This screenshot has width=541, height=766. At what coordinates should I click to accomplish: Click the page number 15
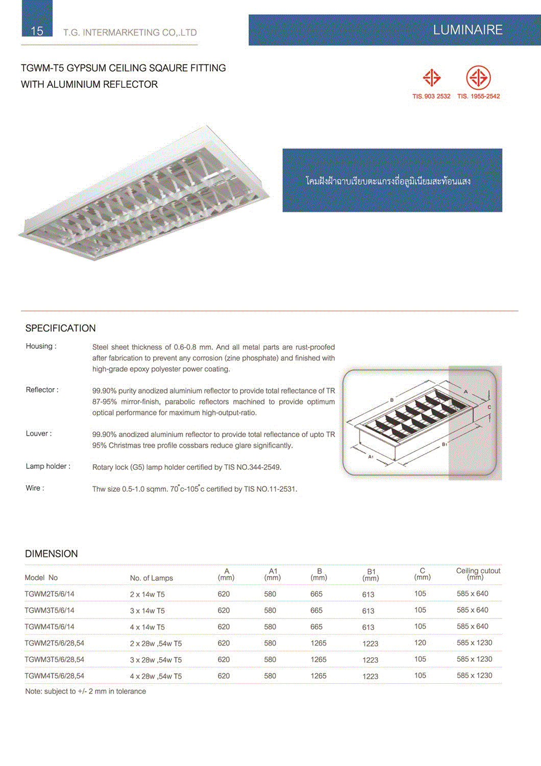[37, 31]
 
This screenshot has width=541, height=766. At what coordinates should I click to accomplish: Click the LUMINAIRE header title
[468, 30]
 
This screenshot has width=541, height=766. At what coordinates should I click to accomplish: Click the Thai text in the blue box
[388, 181]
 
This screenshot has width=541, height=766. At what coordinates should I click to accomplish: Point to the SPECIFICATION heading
[61, 328]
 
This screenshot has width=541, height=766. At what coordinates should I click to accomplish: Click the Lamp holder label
[48, 466]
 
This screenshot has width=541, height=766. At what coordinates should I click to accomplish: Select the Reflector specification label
[42, 390]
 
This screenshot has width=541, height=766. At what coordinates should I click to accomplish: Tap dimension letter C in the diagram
[489, 407]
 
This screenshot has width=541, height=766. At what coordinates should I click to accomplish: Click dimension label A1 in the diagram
[371, 457]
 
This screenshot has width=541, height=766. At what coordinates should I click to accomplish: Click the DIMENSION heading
[52, 554]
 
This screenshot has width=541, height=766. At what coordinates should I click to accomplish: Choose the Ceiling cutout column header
[478, 573]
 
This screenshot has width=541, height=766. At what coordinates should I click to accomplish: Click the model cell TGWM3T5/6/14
[50, 610]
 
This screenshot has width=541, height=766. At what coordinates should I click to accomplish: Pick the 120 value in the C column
[420, 643]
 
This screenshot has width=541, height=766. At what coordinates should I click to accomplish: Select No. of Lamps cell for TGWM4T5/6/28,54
[156, 676]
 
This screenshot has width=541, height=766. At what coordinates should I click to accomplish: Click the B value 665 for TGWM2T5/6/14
[316, 594]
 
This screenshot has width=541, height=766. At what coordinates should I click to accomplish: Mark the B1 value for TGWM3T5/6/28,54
[370, 660]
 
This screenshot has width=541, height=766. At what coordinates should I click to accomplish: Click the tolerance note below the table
[86, 691]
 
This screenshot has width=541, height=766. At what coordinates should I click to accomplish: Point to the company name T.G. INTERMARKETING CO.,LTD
[130, 33]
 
